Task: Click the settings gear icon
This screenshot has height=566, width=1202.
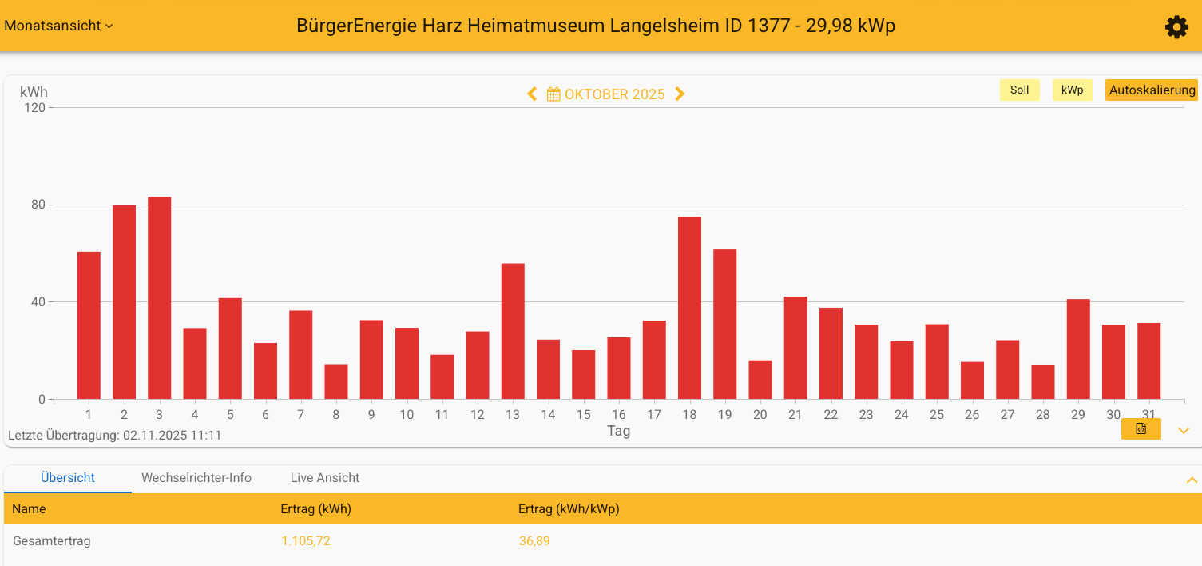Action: (1176, 27)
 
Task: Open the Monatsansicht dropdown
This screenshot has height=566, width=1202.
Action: (58, 26)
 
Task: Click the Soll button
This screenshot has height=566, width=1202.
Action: (1019, 90)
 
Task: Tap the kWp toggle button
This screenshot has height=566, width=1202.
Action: (1072, 90)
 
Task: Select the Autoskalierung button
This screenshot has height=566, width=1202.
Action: (1151, 90)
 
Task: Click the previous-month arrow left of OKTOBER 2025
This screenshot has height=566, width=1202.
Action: (533, 94)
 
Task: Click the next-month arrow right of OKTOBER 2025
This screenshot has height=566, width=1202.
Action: (680, 94)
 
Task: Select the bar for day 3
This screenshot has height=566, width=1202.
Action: (160, 298)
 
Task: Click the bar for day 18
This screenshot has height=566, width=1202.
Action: (689, 308)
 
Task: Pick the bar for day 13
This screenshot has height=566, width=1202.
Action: (513, 331)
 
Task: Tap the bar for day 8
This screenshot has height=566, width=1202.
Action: (336, 381)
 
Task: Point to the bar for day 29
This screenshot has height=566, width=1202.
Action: (1078, 349)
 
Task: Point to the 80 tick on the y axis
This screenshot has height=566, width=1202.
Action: (38, 205)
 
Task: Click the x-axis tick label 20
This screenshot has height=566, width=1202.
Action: (760, 415)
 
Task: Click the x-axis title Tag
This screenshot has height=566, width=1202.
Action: (618, 431)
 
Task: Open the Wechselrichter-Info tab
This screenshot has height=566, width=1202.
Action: (196, 478)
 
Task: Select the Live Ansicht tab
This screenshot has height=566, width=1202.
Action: (324, 478)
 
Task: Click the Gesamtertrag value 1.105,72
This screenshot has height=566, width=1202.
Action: (305, 541)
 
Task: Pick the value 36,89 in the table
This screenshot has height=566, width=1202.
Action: (534, 541)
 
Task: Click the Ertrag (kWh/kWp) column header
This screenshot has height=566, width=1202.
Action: (569, 509)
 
